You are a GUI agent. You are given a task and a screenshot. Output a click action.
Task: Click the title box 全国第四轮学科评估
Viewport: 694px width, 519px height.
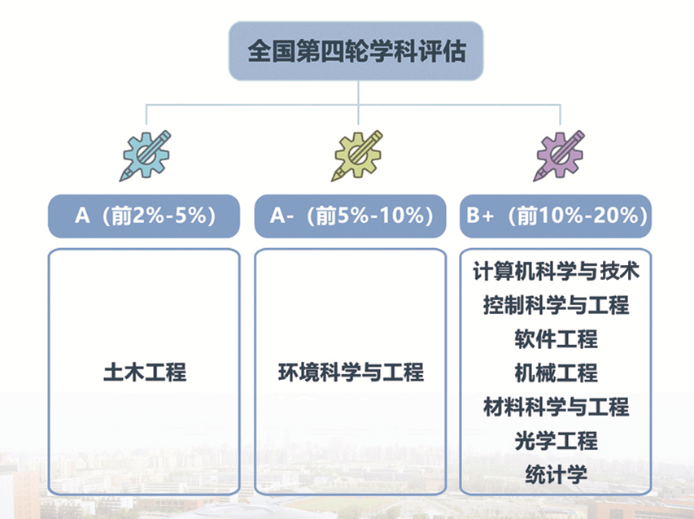(x=356, y=51)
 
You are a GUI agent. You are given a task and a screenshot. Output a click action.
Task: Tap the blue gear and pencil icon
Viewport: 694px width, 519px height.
(x=145, y=155)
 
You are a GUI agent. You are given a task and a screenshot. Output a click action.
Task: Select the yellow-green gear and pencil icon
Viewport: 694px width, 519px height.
(x=357, y=155)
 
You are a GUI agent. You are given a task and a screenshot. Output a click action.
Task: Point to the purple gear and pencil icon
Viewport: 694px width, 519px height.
(x=559, y=155)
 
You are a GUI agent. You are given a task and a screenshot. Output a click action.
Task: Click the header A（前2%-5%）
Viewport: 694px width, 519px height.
(x=144, y=216)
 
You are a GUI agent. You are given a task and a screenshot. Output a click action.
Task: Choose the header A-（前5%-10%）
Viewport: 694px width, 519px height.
(x=350, y=216)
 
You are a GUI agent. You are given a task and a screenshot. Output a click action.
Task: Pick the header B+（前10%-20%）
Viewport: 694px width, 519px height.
(x=556, y=216)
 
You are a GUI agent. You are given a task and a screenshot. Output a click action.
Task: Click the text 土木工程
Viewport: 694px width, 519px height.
(x=145, y=372)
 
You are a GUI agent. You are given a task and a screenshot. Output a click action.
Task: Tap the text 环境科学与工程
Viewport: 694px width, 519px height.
(x=351, y=372)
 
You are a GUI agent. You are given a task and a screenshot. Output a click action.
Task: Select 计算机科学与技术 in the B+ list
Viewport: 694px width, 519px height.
(x=556, y=271)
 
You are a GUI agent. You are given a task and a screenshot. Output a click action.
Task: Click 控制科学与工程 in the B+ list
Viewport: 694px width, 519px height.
(x=556, y=305)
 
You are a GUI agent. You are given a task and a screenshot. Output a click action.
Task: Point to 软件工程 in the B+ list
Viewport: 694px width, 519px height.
(x=556, y=339)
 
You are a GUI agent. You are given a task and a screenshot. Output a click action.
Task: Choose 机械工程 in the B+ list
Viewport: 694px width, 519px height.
(x=556, y=373)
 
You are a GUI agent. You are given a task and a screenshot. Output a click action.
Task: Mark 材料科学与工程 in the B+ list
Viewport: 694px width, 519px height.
(x=556, y=407)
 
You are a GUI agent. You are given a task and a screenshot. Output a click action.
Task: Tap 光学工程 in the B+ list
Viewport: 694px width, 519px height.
(x=556, y=441)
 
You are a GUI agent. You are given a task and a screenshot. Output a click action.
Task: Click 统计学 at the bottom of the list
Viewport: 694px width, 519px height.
(x=556, y=475)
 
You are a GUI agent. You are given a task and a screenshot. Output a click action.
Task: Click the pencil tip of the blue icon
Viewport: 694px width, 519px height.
(x=120, y=181)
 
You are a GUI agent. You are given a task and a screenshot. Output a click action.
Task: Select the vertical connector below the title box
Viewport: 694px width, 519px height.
(x=358, y=102)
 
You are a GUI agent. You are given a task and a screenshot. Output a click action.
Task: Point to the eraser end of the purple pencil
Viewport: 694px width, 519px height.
(x=580, y=134)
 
